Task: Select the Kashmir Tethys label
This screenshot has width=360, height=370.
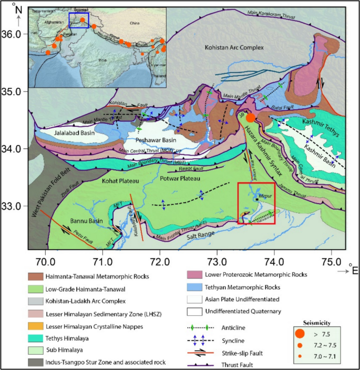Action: pos(310,122)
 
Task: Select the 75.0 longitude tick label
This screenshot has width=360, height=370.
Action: pos(331,260)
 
